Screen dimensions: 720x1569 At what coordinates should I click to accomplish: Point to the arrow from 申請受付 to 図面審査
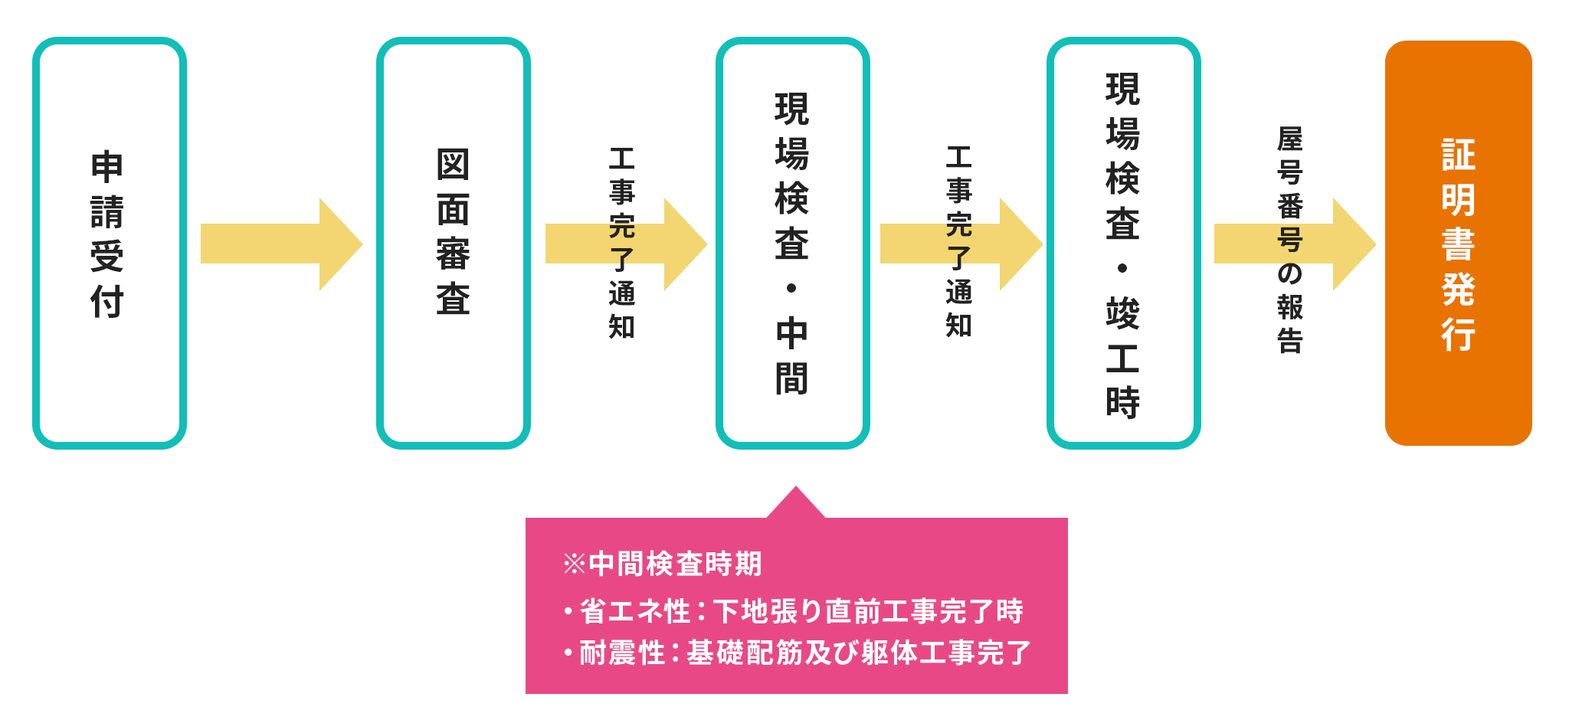click(x=280, y=244)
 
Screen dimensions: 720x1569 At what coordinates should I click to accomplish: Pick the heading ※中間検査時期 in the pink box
click(x=662, y=564)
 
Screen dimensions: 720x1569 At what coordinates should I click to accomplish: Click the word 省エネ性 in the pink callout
click(x=635, y=611)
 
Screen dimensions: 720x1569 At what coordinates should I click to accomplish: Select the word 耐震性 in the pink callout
click(x=621, y=653)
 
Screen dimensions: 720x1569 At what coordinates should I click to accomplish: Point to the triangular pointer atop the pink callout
click(x=795, y=504)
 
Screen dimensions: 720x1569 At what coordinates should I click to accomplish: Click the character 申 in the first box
click(x=107, y=167)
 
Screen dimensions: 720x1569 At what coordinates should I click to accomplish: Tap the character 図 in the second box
click(x=453, y=165)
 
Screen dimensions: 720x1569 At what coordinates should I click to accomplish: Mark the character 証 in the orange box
click(x=1458, y=155)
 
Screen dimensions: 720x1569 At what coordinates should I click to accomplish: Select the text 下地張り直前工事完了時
click(x=868, y=611)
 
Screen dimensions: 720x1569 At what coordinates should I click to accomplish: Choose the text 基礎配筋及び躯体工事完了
click(x=859, y=653)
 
